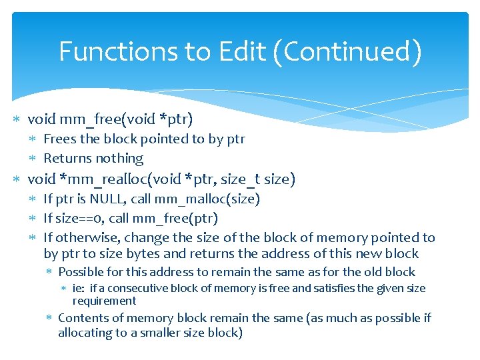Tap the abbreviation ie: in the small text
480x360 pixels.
click(x=80, y=288)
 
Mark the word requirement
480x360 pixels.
click(x=104, y=301)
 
